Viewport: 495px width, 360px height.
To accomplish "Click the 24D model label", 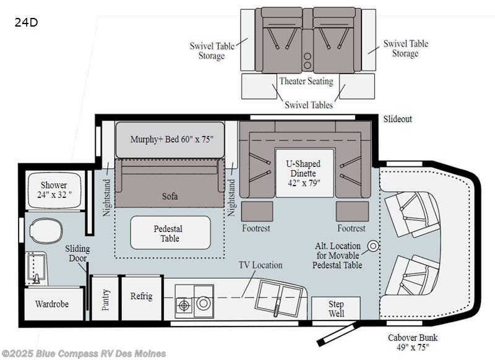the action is pyautogui.click(x=26, y=22).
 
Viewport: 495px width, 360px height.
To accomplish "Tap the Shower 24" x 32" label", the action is pyautogui.click(x=54, y=190).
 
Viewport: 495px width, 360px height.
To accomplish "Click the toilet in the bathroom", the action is pyautogui.click(x=46, y=230).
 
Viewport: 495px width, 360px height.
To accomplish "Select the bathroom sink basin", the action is pyautogui.click(x=36, y=268).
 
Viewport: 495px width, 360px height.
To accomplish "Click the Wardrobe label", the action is pyautogui.click(x=52, y=304).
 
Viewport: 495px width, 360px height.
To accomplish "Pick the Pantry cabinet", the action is pyautogui.click(x=105, y=299).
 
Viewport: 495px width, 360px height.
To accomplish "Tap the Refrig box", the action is pyautogui.click(x=142, y=298).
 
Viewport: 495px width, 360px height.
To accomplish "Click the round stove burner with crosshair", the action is pyautogui.click(x=184, y=306).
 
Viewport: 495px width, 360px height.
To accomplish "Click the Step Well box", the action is pyautogui.click(x=336, y=308).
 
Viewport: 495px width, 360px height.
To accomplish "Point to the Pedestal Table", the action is pyautogui.click(x=170, y=233).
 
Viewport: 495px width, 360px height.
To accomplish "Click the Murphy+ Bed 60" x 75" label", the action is pyautogui.click(x=172, y=139).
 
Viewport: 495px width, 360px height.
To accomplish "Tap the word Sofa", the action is pyautogui.click(x=170, y=196).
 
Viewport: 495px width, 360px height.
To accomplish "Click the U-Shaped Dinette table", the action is pyautogui.click(x=304, y=173).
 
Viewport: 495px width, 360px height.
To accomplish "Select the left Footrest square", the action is pyautogui.click(x=257, y=212).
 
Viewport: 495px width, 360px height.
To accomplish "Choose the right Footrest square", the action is pyautogui.click(x=352, y=212).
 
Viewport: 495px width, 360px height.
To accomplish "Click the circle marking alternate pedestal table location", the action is pyautogui.click(x=374, y=246).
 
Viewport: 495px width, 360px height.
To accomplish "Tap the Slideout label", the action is pyautogui.click(x=398, y=119).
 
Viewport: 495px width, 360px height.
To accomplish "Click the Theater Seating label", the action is pyautogui.click(x=306, y=81).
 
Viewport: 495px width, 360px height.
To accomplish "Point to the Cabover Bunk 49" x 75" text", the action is pyautogui.click(x=413, y=342).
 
